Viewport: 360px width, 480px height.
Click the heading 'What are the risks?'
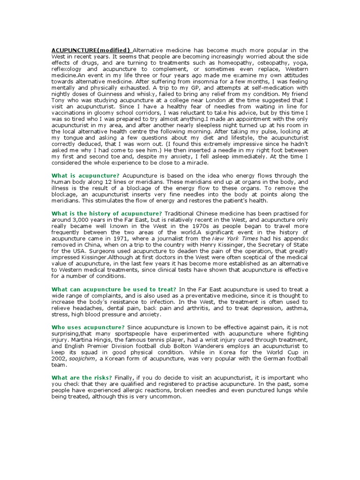click(x=82, y=377)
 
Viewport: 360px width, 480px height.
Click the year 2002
click(x=60, y=358)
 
